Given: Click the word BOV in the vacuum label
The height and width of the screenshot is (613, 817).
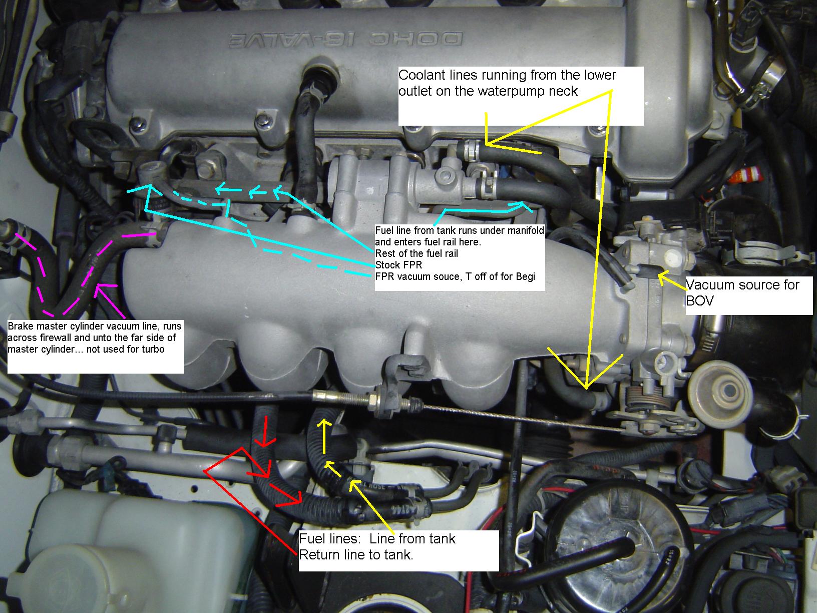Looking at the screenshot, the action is [x=700, y=300].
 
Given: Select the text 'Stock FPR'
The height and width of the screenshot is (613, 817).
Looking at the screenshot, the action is [x=398, y=265].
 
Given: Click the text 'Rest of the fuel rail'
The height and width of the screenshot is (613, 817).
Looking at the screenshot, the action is [x=417, y=253].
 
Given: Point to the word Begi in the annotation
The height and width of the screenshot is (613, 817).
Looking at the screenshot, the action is [x=526, y=276].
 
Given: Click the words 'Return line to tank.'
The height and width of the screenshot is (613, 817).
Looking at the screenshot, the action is [x=356, y=555].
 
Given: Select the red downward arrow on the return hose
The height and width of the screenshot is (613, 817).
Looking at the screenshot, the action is [x=265, y=431].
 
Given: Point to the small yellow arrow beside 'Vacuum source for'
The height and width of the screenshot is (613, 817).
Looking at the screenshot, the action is [x=672, y=281].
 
